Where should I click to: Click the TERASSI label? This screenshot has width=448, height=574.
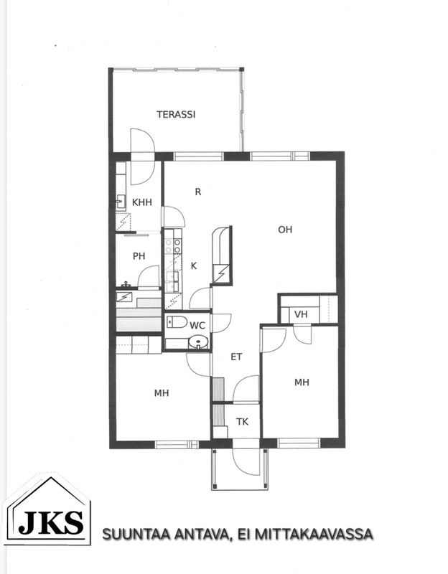[x=176, y=115]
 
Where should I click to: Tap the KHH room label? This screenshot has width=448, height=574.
[x=141, y=202]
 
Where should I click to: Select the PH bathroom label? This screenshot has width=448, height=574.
[x=139, y=256]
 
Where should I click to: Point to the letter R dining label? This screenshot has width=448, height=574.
[x=198, y=192]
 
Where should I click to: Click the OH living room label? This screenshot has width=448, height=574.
[x=285, y=230]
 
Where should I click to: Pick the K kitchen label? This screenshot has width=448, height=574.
[x=194, y=265]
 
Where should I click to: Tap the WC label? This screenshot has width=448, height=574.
[x=197, y=326]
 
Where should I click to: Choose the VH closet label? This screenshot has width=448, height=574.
[x=301, y=314]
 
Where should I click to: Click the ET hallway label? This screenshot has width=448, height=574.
[x=236, y=357]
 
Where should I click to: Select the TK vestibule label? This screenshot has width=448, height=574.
[x=242, y=422]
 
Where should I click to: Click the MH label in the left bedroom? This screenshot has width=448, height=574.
[x=161, y=393]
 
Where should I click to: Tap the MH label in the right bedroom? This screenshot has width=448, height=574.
[x=302, y=382]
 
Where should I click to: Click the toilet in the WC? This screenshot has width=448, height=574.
[x=177, y=321]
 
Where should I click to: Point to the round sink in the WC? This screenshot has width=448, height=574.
[x=198, y=342]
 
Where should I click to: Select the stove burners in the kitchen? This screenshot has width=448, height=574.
[x=172, y=245]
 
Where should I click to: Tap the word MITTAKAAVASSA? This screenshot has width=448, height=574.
[x=313, y=534]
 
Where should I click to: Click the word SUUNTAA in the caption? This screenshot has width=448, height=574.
[x=136, y=534]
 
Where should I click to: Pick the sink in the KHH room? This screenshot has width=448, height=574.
[x=121, y=201]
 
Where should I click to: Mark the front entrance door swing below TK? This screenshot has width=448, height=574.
[x=246, y=462]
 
